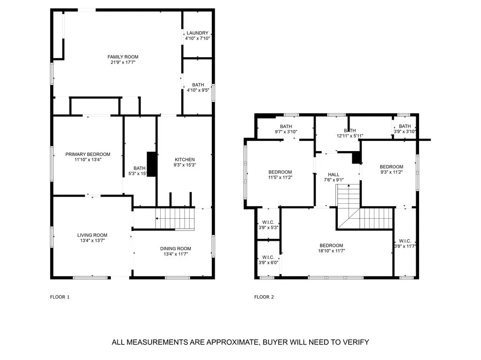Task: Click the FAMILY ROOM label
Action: (123, 57)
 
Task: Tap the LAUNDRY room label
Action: (198, 33)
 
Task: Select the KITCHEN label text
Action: (185, 160)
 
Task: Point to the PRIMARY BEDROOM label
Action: (88, 154)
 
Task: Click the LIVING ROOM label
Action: (93, 235)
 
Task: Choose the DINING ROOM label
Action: (176, 249)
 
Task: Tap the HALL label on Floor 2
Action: (334, 175)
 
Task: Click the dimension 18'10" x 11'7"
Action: (332, 251)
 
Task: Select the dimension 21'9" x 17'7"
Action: (123, 62)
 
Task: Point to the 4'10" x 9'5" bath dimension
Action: (198, 90)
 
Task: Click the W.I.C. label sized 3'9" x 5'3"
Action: (268, 222)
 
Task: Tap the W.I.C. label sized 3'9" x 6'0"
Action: (268, 258)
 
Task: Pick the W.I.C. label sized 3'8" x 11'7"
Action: (405, 241)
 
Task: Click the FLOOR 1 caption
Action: (60, 297)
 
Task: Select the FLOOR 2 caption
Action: (264, 297)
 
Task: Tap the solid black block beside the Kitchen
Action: (152, 164)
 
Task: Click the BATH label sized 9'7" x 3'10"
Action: (286, 126)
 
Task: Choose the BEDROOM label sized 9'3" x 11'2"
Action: (391, 167)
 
